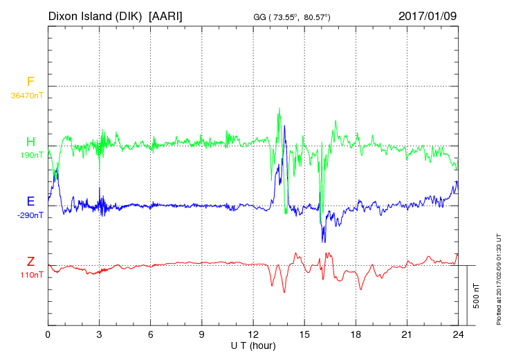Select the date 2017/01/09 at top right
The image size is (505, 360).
428,15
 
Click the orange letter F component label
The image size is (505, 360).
30,82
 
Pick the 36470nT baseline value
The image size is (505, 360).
27,96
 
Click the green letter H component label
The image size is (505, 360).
30,142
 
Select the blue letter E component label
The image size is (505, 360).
30,201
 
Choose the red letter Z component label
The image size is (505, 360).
30,261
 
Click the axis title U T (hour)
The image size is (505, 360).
253,345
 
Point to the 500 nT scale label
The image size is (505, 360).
477,296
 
